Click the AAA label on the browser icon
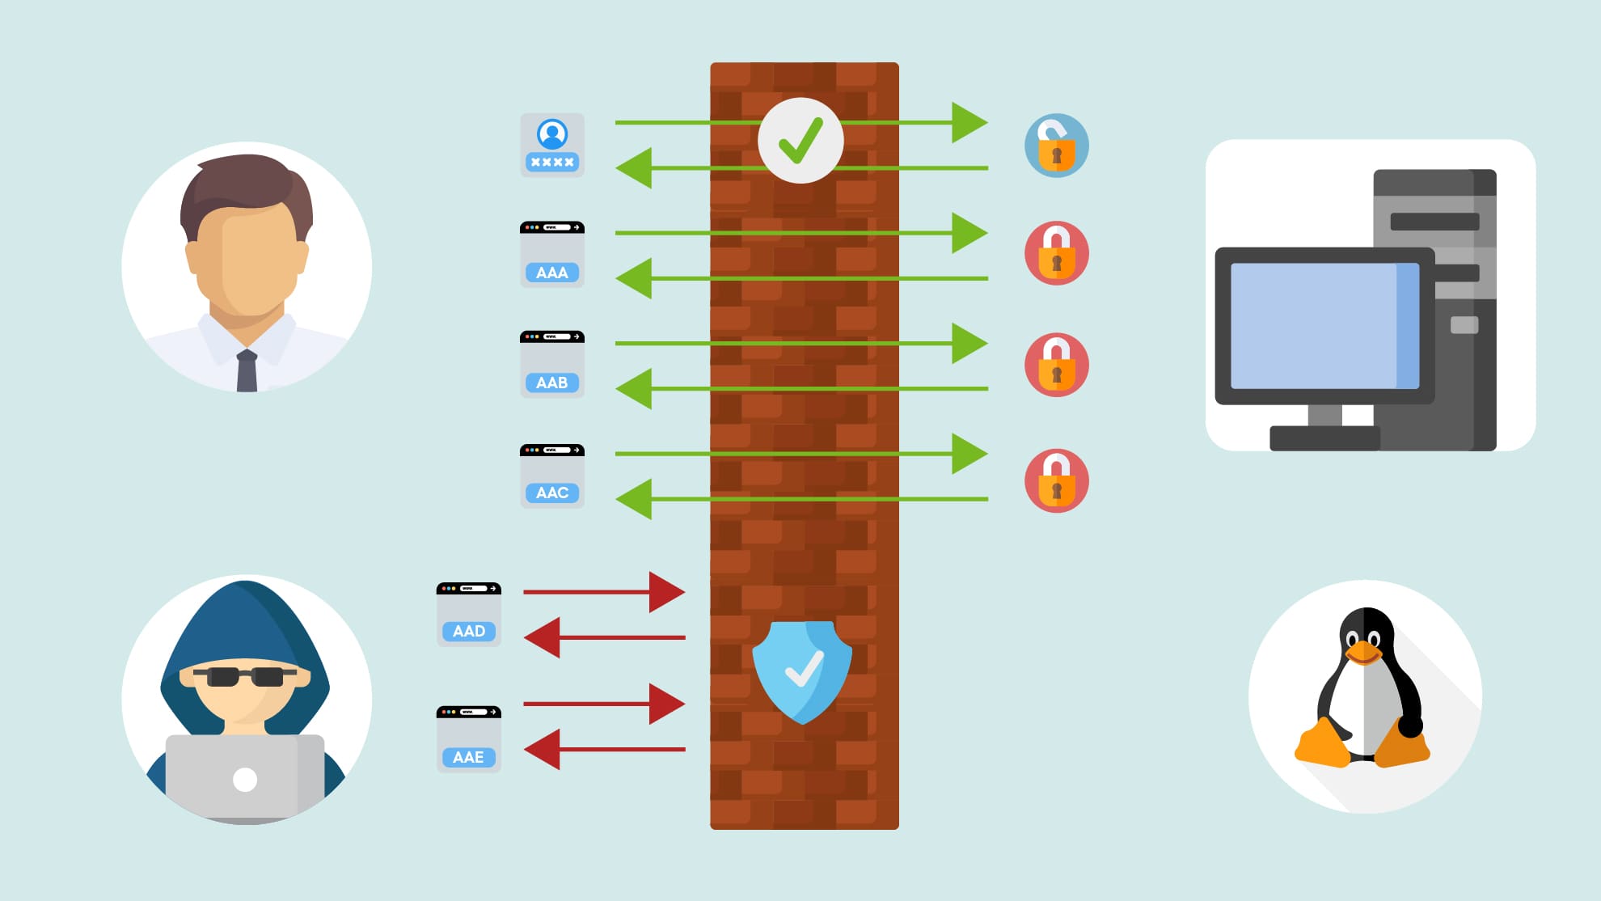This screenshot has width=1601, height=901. [x=552, y=273]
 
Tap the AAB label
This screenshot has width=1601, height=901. [x=552, y=383]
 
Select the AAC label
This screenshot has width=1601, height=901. [x=552, y=493]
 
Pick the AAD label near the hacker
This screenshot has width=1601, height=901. [x=469, y=631]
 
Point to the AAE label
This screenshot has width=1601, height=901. [x=469, y=757]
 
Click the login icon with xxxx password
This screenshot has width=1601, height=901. [x=552, y=146]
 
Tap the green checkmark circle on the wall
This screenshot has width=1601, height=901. [x=800, y=141]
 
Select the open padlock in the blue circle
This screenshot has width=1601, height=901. [x=1056, y=146]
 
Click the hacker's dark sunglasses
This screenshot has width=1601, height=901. [x=245, y=676]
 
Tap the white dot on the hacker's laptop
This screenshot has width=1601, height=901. [x=245, y=780]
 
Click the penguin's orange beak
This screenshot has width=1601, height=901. [x=1363, y=651]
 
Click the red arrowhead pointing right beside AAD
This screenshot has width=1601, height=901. [x=666, y=592]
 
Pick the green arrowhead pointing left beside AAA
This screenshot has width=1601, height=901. [x=634, y=278]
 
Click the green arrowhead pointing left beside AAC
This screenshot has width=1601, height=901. [x=634, y=499]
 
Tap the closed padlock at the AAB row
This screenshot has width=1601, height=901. [x=1056, y=365]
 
